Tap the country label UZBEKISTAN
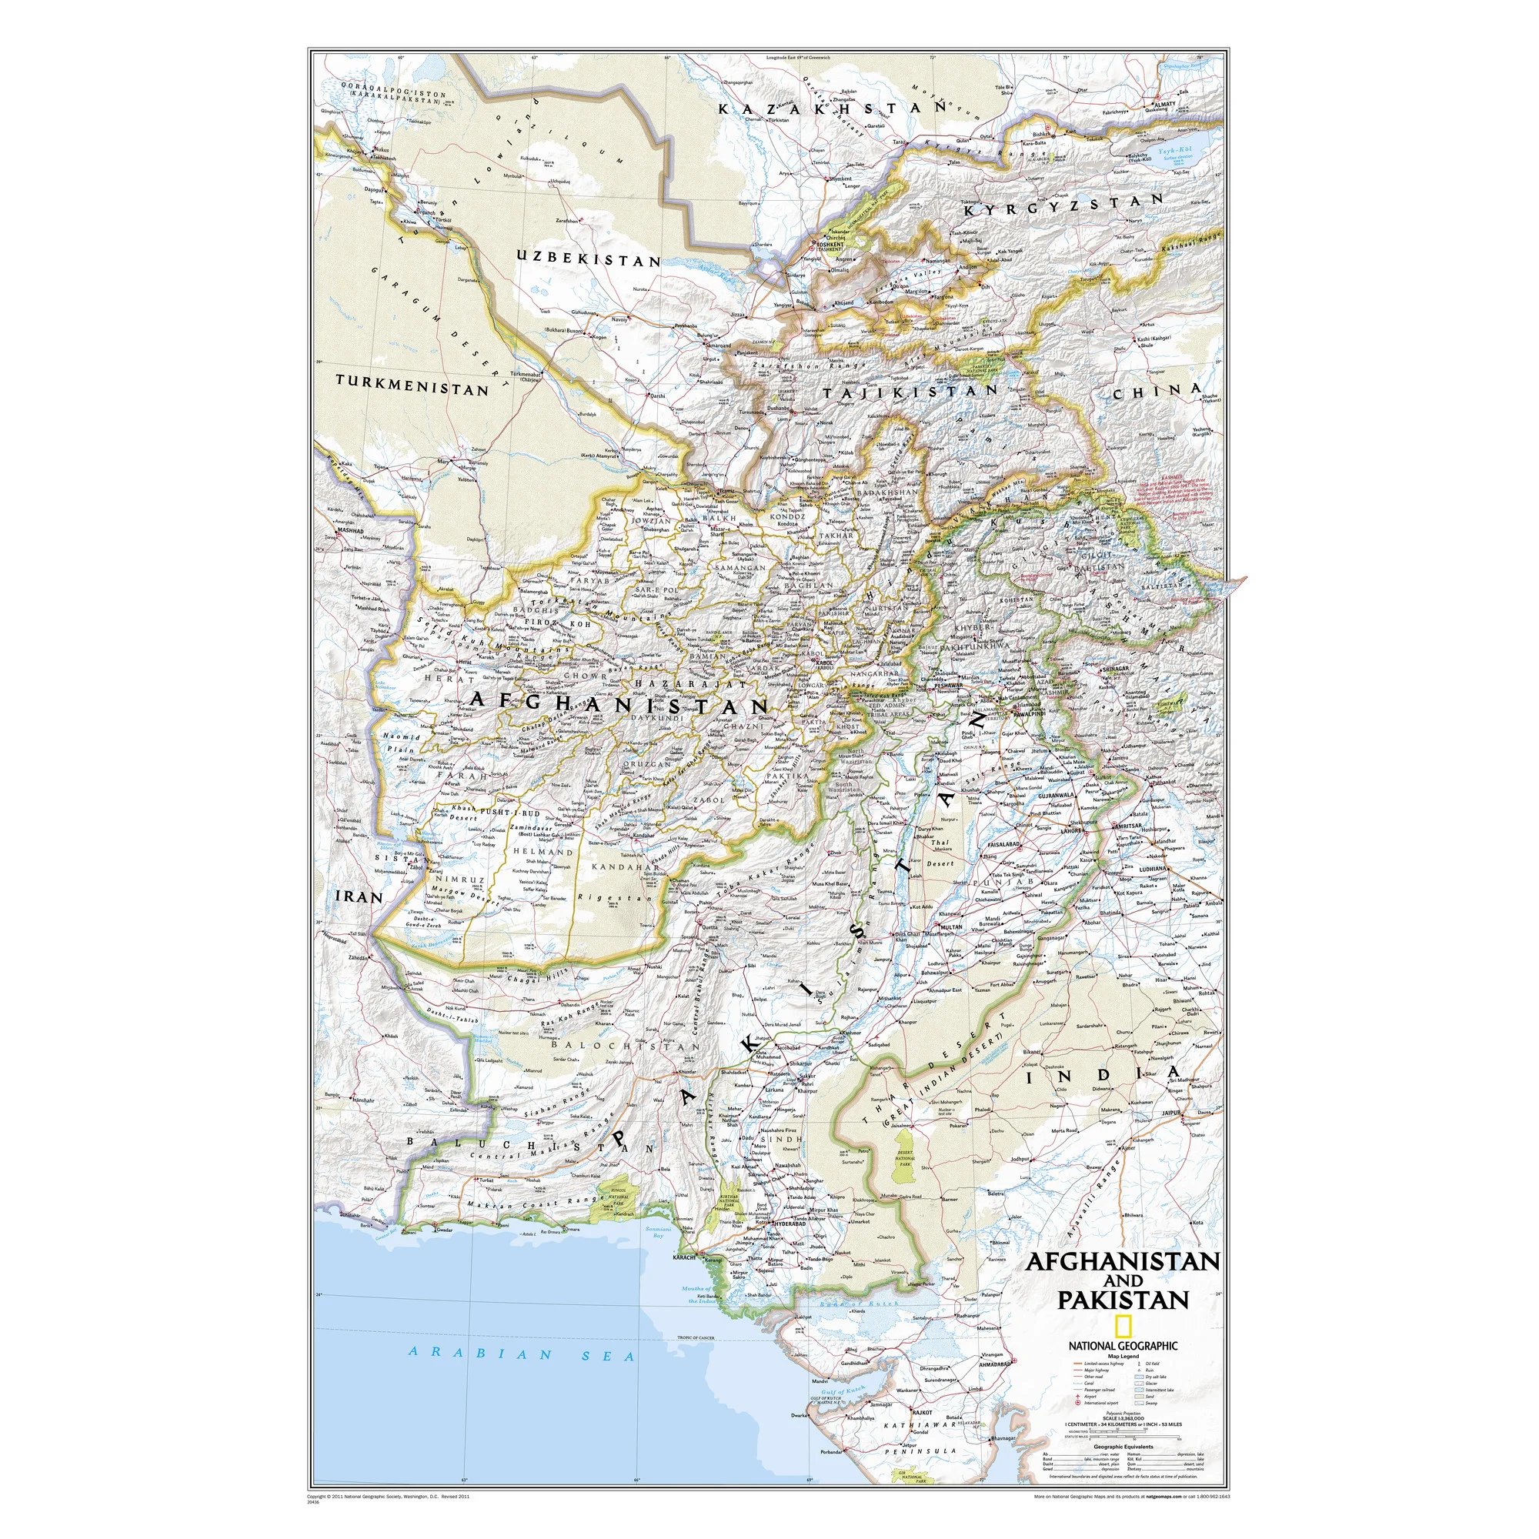pyautogui.click(x=588, y=259)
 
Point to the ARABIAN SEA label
pyautogui.click(x=521, y=1354)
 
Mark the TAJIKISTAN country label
pyautogui.click(x=910, y=392)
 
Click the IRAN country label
pyautogui.click(x=358, y=896)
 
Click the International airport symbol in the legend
pyautogui.click(x=1078, y=1403)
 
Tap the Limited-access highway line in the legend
pyautogui.click(x=1078, y=1364)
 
